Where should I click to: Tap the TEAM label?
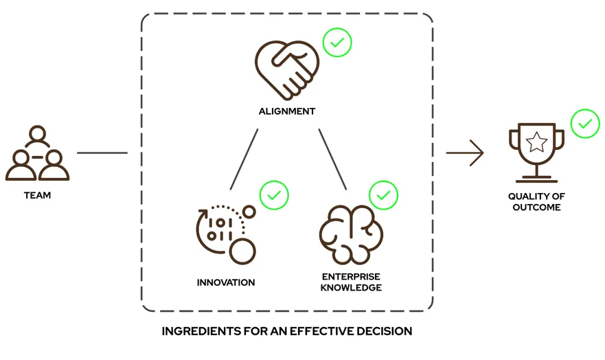pyautogui.click(x=37, y=196)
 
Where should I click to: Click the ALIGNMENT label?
pyautogui.click(x=286, y=111)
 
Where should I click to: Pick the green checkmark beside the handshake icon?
pyautogui.click(x=337, y=43)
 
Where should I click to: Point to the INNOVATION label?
pyautogui.click(x=226, y=282)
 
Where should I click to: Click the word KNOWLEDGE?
pyautogui.click(x=351, y=288)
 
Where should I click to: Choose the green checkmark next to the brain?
pyautogui.click(x=384, y=196)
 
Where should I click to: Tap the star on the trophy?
pyautogui.click(x=536, y=143)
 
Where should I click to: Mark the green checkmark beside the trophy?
pyautogui.click(x=585, y=124)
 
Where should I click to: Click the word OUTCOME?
pyautogui.click(x=536, y=207)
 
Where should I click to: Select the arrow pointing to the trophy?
pyautogui.click(x=465, y=153)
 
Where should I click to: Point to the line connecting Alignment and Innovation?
pyautogui.click(x=244, y=159)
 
